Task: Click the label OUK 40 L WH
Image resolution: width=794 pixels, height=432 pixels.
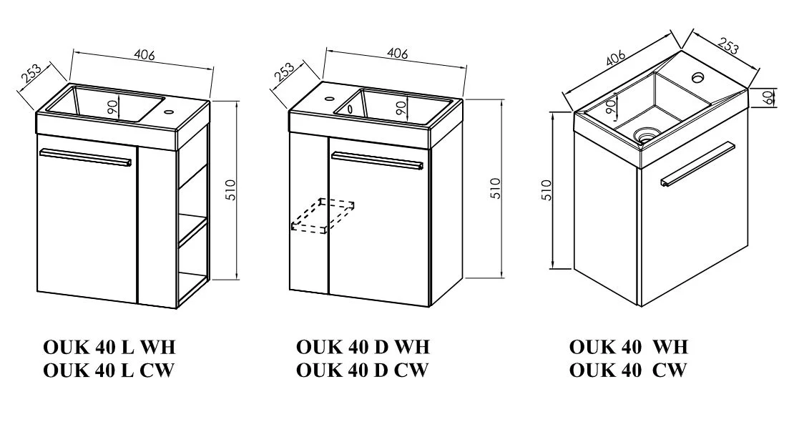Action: click(109, 348)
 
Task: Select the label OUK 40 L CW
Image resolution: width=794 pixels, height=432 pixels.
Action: click(109, 370)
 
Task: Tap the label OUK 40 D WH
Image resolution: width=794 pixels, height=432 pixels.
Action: click(363, 348)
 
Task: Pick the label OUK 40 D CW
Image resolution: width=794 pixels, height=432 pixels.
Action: click(362, 370)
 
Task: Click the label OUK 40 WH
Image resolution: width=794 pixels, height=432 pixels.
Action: click(628, 348)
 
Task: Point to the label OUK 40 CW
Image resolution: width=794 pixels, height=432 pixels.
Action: click(628, 370)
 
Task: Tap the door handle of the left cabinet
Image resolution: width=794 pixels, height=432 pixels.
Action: click(87, 157)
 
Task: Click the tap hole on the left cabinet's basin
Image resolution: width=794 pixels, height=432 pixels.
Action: click(170, 112)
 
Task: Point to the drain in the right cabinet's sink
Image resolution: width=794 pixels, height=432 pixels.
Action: click(647, 132)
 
